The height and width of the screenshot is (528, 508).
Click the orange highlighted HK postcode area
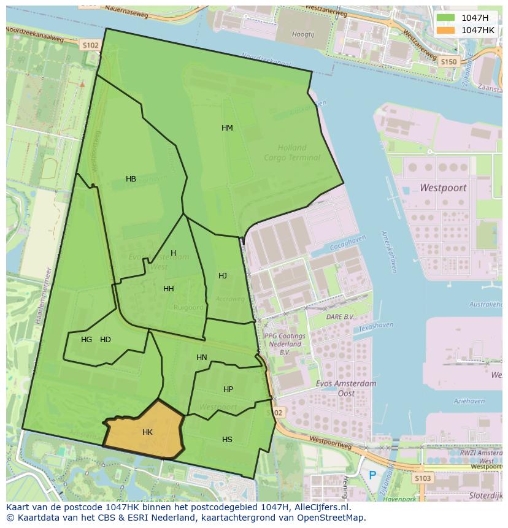145,432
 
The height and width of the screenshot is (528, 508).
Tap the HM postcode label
227,128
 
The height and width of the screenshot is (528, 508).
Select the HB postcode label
131,179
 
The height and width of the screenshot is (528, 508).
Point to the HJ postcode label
223,276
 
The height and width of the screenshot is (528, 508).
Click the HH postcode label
168,289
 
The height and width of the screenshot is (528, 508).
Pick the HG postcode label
87,340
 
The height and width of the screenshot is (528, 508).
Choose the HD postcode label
106,340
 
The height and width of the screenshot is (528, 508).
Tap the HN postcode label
202,358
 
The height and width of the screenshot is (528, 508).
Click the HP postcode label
228,389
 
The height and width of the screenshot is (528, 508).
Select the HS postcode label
227,440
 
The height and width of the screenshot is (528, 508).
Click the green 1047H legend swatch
446,18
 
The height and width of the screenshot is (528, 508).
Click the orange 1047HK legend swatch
446,30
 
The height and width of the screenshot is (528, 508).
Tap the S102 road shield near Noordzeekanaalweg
90,45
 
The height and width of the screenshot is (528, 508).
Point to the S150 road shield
448,62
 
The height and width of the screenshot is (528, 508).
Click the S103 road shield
422,478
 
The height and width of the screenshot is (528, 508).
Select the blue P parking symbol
372,475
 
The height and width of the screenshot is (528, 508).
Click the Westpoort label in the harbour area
443,188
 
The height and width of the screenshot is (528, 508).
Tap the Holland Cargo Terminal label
292,153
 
